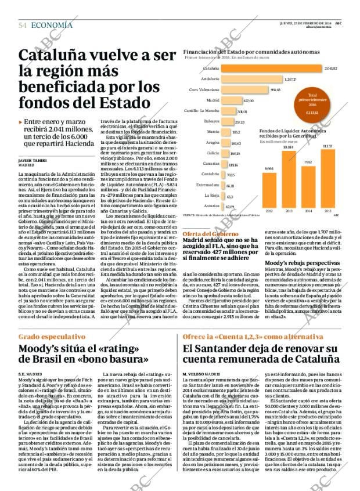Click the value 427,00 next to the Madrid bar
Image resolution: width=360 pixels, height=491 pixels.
[248, 100]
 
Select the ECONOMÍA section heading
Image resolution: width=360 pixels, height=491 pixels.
[52, 25]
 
